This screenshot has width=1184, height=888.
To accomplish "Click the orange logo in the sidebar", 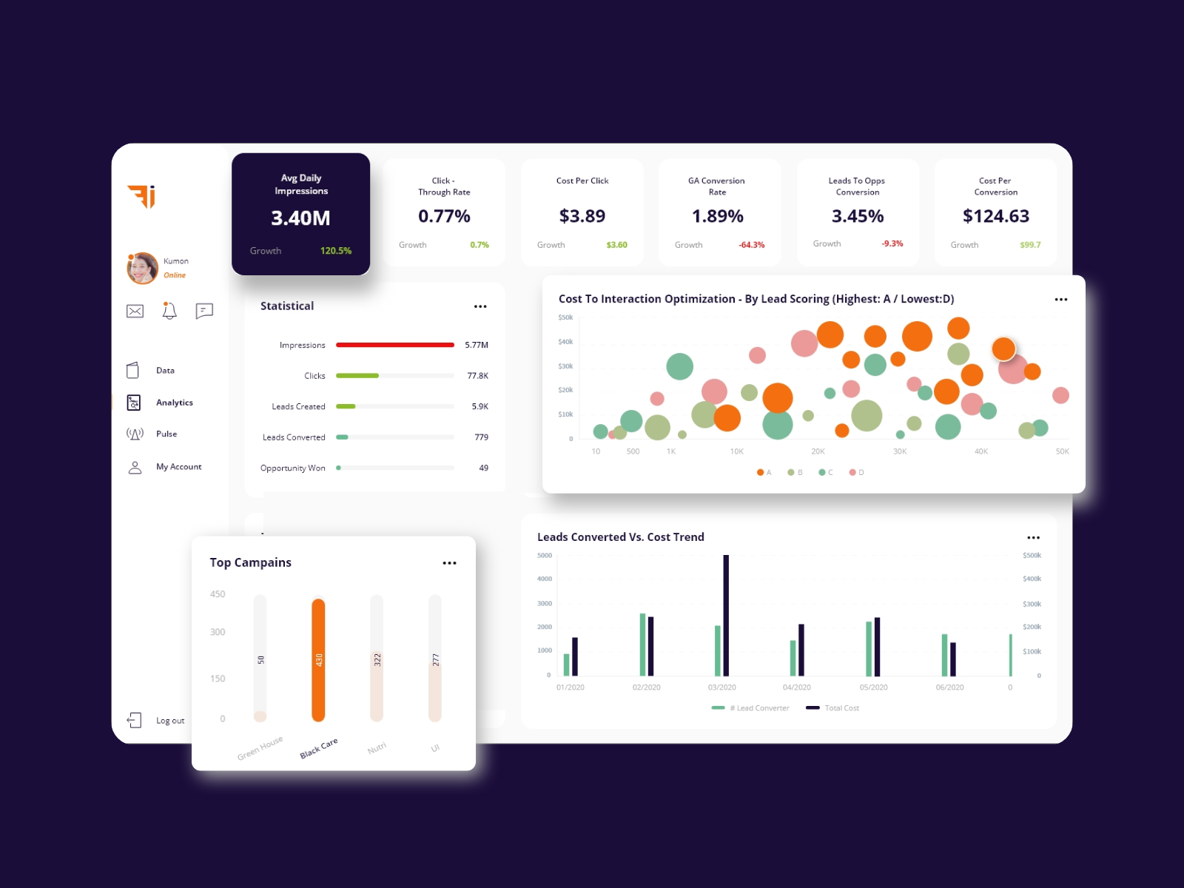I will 141,196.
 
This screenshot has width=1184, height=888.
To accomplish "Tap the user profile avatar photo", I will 142,268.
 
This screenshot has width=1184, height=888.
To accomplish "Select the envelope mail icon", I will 135,312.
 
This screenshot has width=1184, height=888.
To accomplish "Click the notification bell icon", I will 169,311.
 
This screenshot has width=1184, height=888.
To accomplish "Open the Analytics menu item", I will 174,403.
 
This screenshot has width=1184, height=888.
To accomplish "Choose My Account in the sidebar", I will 178,467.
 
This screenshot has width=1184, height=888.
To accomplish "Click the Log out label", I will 170,721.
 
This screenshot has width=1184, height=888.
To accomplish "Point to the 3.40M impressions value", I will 300,218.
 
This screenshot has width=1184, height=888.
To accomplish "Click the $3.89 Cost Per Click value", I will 582,216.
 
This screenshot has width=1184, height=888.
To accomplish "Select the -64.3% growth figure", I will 751,245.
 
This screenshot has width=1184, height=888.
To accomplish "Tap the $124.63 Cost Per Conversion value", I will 995,216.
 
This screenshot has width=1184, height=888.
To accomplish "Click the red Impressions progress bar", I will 395,345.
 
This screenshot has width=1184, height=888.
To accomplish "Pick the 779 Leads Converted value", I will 481,437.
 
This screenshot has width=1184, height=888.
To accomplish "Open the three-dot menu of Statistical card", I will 480,306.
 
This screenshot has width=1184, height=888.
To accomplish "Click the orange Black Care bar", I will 318,659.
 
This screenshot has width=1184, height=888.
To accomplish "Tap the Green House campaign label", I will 260,748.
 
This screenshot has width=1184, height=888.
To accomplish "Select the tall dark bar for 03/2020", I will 726,615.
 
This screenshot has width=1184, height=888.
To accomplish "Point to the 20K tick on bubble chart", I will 818,451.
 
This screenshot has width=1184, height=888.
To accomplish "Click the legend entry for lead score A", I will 764,472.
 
